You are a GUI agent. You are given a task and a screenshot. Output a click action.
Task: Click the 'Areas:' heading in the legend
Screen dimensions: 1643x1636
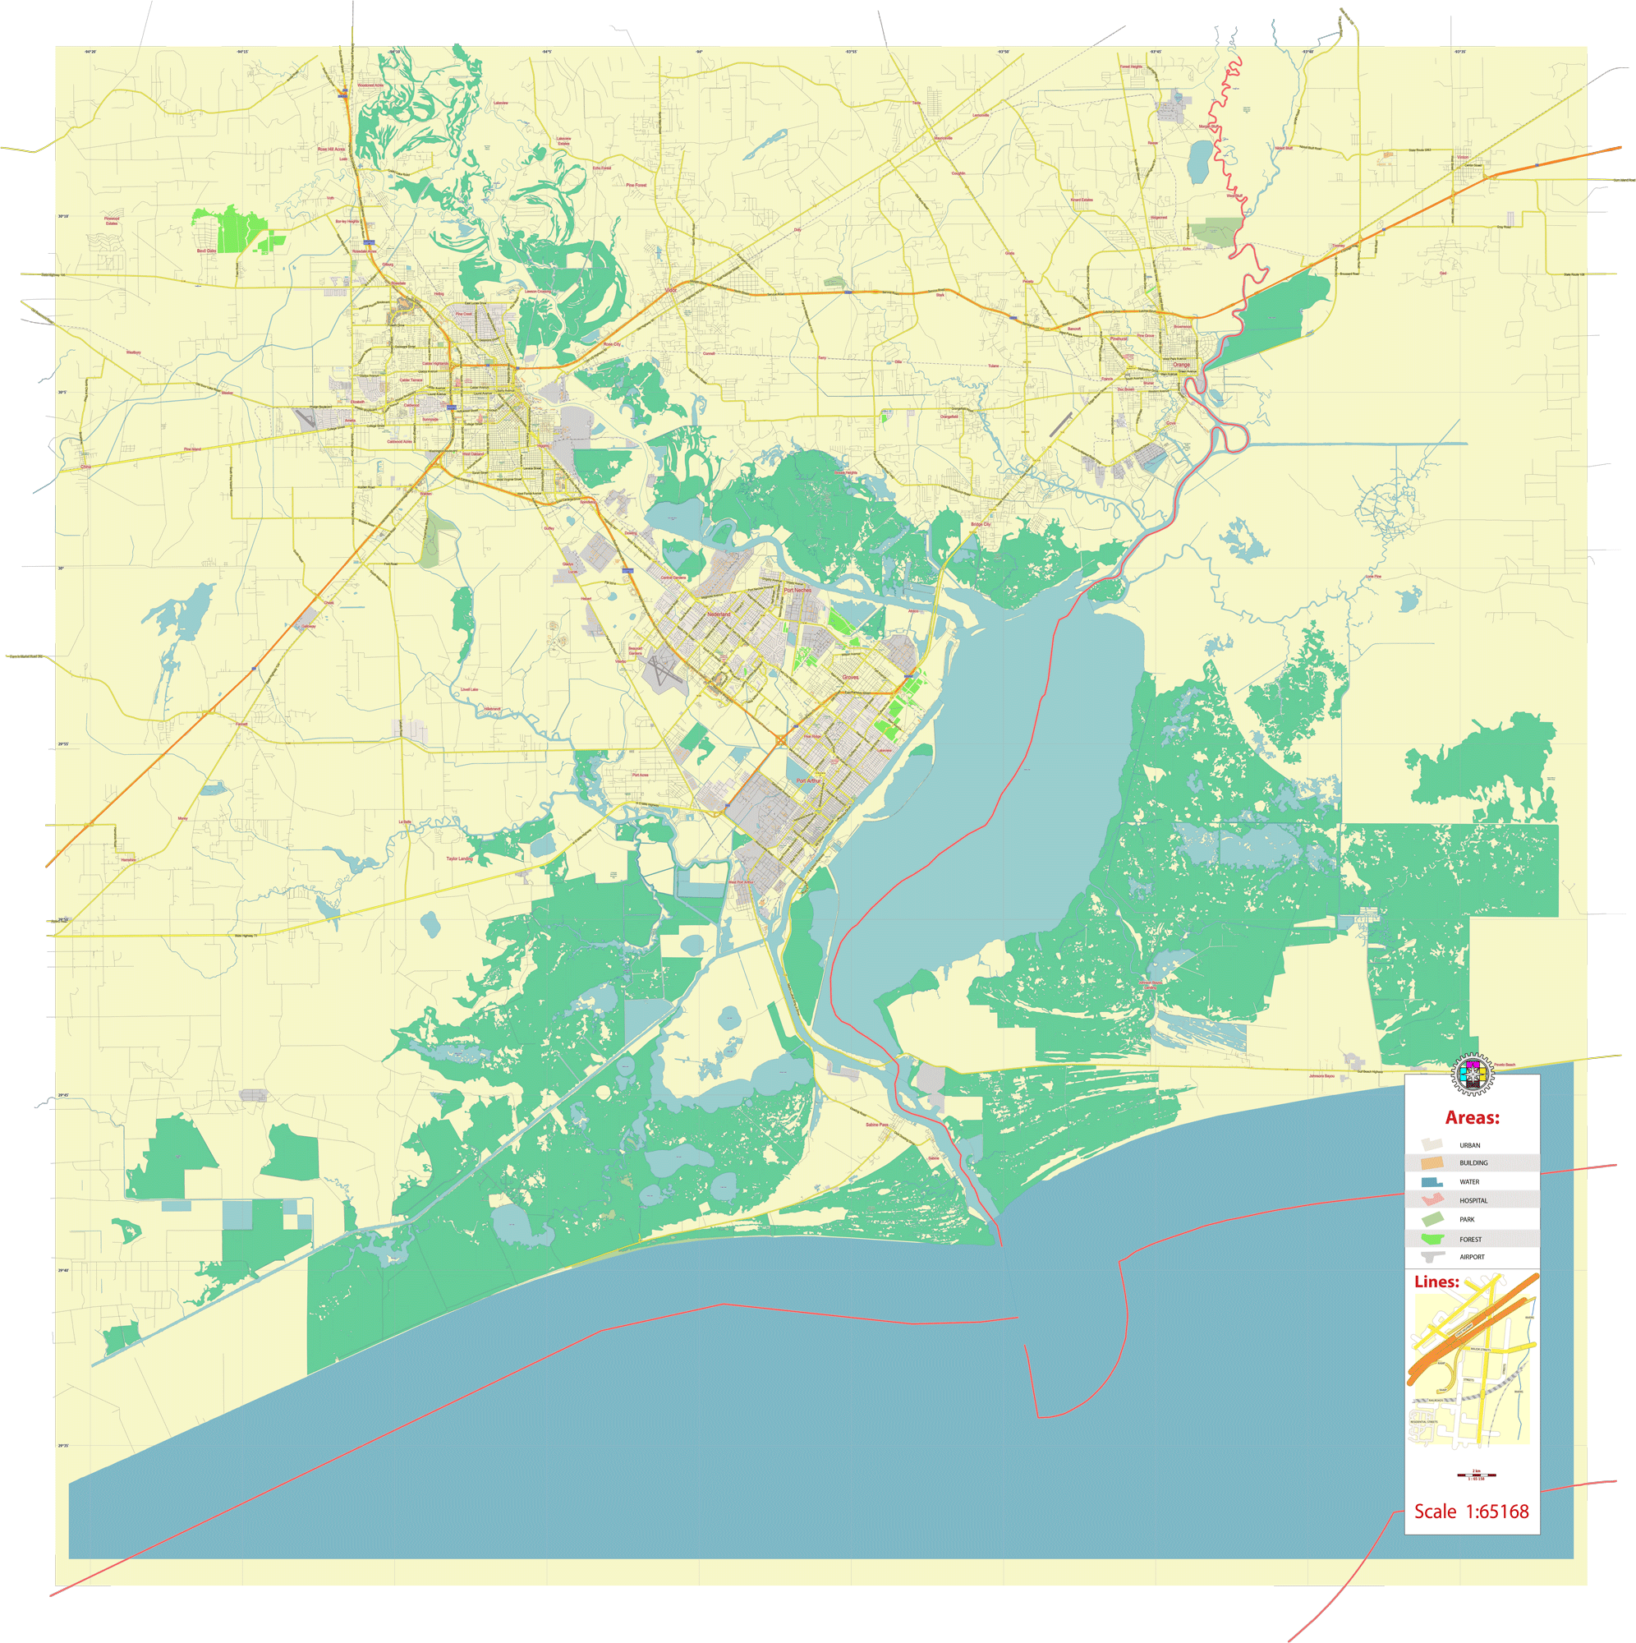tap(1472, 1117)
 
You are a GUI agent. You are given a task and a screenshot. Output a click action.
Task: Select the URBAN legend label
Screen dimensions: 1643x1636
tap(1469, 1145)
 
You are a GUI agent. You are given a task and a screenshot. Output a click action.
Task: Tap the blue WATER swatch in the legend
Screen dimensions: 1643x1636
tap(1432, 1182)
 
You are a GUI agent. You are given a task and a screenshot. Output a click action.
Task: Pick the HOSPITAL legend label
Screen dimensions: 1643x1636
tap(1473, 1201)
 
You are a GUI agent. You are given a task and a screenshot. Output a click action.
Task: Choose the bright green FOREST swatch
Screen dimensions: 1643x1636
tap(1432, 1239)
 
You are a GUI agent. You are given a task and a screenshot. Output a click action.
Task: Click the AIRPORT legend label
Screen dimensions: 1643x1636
tap(1472, 1257)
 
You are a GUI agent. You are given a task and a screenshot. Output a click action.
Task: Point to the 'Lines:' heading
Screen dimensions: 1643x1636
tap(1437, 1282)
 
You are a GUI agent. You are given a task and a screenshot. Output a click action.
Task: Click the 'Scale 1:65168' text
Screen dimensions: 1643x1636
tap(1471, 1512)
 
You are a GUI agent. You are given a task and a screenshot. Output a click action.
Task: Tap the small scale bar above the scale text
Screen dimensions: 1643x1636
tap(1477, 1475)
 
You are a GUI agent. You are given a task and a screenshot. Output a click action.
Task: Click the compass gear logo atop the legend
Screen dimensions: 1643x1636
tap(1471, 1075)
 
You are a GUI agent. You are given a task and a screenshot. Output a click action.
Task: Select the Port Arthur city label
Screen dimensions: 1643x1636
tap(809, 780)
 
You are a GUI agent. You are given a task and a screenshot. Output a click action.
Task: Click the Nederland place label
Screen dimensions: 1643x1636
tap(719, 614)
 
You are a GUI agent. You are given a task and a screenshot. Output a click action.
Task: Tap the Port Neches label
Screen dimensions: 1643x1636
tap(797, 589)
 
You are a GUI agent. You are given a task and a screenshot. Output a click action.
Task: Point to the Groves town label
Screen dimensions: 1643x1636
tap(850, 677)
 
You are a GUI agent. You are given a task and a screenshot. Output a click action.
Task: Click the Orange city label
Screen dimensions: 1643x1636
tap(1181, 365)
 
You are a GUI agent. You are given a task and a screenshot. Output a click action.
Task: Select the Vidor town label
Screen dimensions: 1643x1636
tap(670, 290)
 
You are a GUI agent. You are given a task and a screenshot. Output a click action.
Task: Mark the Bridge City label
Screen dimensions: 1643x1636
tap(981, 525)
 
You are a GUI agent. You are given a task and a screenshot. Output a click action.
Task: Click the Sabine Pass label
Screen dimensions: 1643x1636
tap(876, 1125)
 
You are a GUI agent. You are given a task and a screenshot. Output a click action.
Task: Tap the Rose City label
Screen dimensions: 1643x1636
tap(612, 344)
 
